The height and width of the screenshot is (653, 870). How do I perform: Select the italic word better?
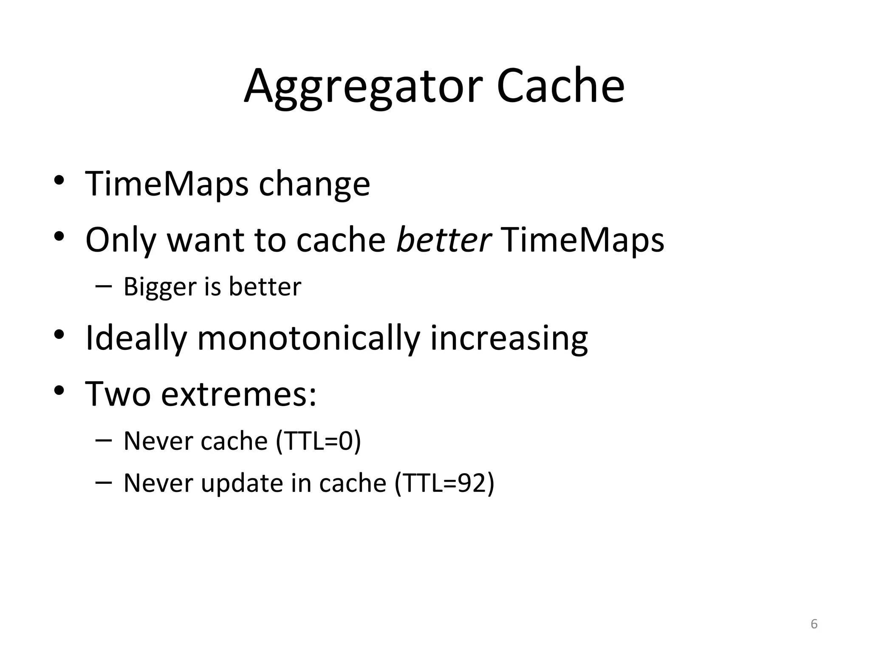[x=443, y=240]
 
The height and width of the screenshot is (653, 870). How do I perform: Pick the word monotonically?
[x=308, y=338]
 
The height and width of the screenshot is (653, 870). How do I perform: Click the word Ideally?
[x=136, y=338]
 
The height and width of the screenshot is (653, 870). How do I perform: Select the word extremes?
[x=239, y=395]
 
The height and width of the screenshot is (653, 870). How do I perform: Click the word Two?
[x=118, y=395]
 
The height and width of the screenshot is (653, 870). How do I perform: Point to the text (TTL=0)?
[x=319, y=441]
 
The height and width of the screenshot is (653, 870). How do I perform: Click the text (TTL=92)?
[x=444, y=483]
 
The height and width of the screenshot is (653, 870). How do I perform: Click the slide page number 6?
[x=814, y=624]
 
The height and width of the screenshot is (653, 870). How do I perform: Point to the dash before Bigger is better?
[x=104, y=286]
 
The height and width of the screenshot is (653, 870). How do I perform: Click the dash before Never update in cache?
[x=104, y=483]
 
